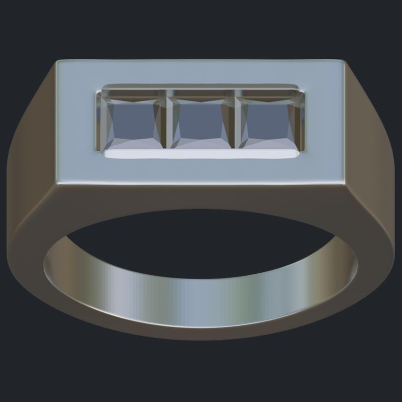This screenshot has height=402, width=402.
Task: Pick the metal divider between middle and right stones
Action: coord(236,121)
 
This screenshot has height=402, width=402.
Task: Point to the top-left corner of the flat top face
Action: coord(57,61)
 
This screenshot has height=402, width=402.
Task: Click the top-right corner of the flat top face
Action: coord(343,61)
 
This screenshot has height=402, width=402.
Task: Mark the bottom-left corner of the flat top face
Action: coord(57,184)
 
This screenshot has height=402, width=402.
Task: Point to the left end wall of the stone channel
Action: coord(97,121)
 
